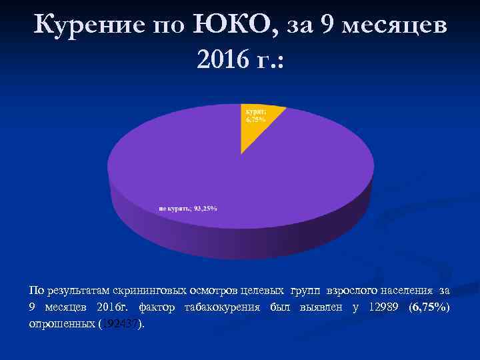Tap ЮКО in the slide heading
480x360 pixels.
coord(225,25)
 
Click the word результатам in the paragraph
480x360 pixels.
coord(79,291)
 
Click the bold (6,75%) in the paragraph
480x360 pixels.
coord(429,307)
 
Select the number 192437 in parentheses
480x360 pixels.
coord(120,324)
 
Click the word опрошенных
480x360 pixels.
coord(61,324)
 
